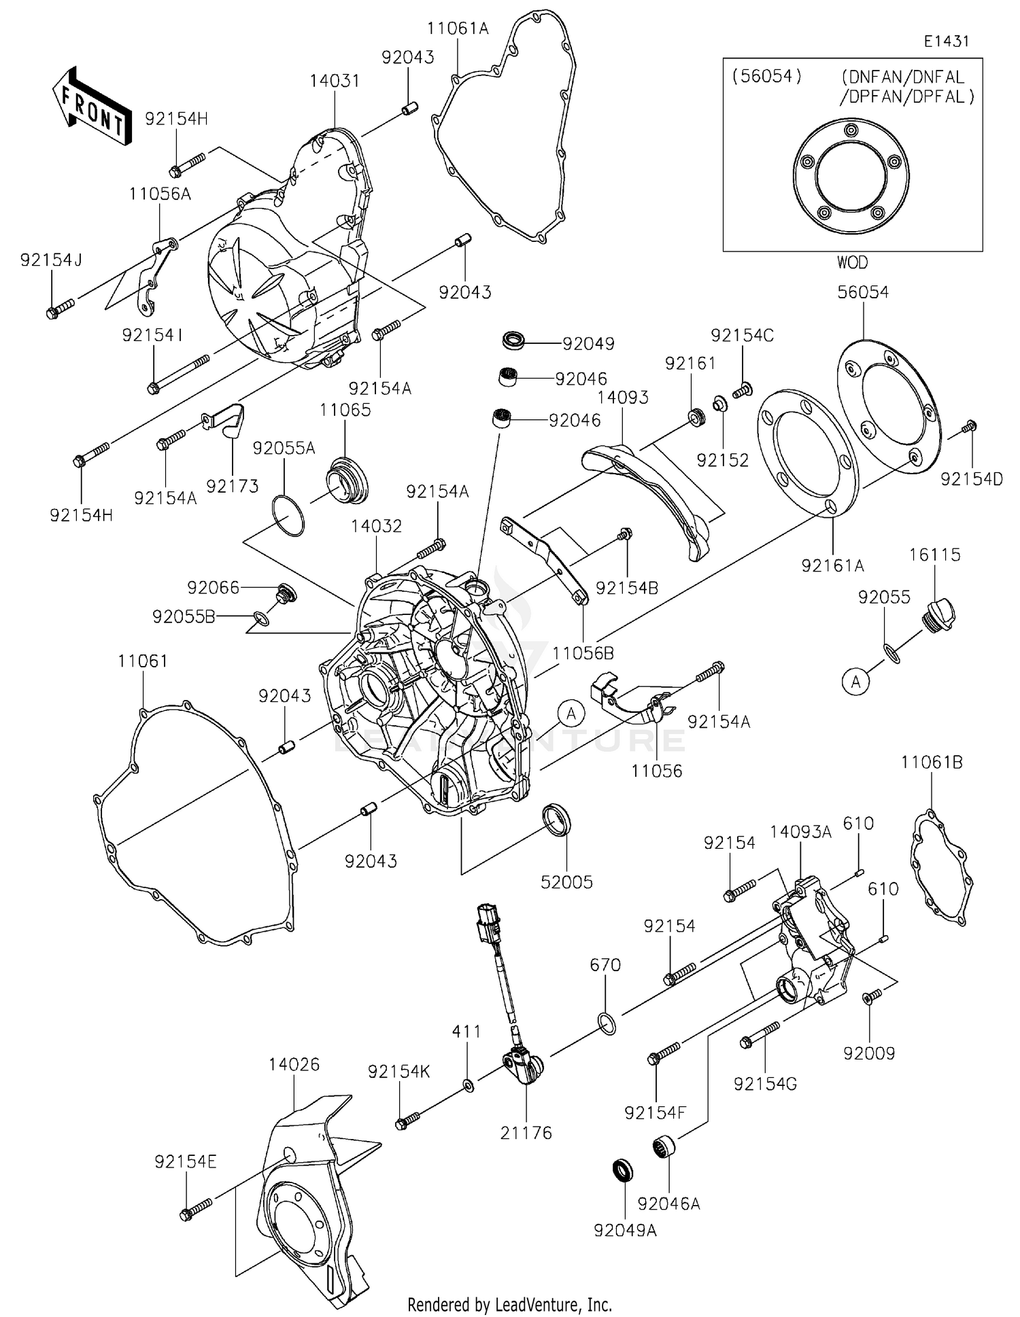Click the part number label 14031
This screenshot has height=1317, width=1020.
pos(334,81)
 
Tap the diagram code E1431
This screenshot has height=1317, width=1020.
pos(946,41)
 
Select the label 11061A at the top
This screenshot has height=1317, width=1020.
pos(458,29)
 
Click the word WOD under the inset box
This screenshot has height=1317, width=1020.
pos(852,262)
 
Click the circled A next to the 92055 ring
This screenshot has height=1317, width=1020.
pos(856,681)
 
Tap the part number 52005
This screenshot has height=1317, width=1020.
pos(566,882)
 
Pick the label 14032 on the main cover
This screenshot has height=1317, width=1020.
pos(377,526)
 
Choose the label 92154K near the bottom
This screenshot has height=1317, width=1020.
pos(399,1072)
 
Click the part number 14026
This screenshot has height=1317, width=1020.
pos(294,1064)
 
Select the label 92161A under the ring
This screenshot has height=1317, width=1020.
pos(832,565)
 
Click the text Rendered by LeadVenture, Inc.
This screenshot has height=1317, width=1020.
pos(509,1304)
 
